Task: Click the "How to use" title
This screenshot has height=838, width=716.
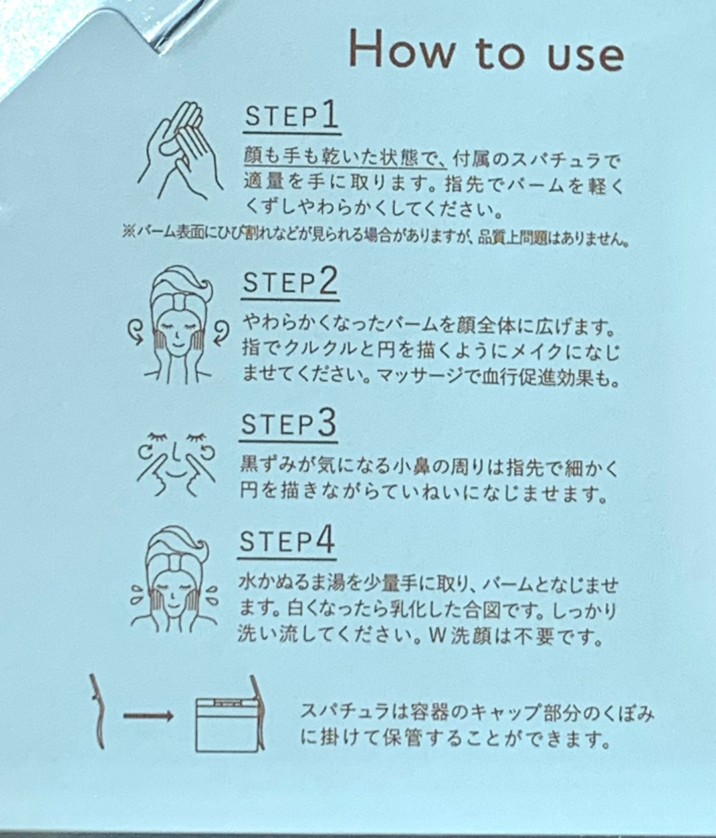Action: pyautogui.click(x=486, y=50)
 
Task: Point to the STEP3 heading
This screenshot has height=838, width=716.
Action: pyautogui.click(x=288, y=424)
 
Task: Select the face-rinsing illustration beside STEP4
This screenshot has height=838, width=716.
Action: pyautogui.click(x=174, y=578)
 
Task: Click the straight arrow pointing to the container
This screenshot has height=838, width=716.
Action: pyautogui.click(x=149, y=716)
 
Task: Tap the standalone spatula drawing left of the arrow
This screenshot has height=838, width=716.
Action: pyautogui.click(x=99, y=712)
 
